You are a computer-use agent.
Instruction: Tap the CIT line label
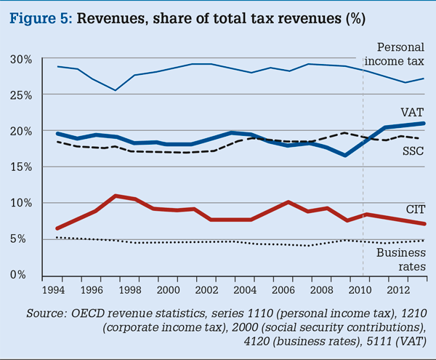[x=413, y=209]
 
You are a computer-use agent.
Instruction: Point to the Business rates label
[x=399, y=260]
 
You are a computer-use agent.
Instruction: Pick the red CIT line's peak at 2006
[x=288, y=202]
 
